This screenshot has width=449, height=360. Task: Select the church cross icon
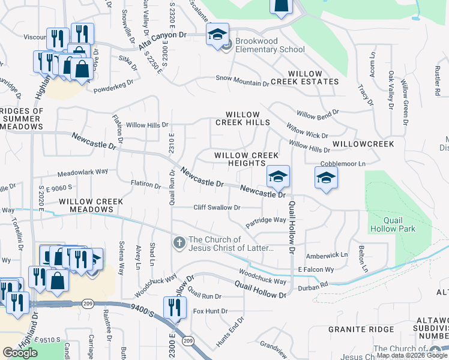pos(178,243)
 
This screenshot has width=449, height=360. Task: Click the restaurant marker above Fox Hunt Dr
pos(172,307)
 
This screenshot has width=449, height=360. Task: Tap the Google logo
pos(20,352)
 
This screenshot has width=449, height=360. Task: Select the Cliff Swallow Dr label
pos(217,208)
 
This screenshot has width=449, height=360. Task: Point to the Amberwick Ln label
pos(327,255)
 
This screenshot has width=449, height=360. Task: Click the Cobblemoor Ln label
pos(343,163)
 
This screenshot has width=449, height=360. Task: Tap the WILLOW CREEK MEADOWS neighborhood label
pos(88,205)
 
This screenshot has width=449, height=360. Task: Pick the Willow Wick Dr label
pos(307,132)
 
